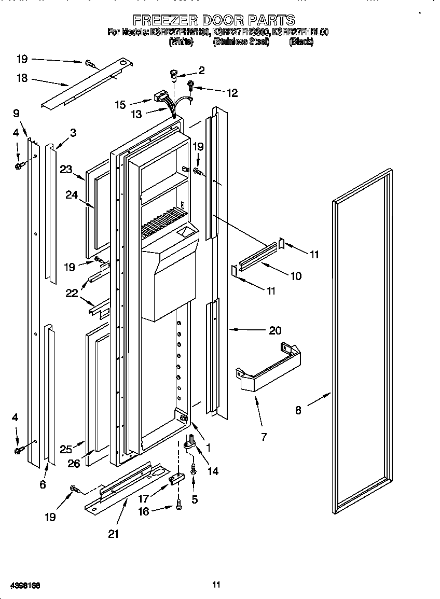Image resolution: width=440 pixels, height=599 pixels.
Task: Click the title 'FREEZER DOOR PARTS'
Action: coord(214,20)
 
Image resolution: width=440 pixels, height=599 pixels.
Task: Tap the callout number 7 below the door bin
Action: coord(264,437)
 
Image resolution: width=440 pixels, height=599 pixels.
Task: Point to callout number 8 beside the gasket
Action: coord(298,410)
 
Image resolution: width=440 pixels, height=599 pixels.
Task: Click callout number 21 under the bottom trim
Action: coord(114,534)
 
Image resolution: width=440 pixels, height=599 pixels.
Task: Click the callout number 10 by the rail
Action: coord(296,276)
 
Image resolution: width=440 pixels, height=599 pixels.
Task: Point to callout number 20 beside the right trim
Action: coord(275,330)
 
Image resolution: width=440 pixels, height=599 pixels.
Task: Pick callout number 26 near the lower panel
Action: coord(74,464)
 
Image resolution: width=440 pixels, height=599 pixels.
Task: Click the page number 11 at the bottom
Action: coord(216,584)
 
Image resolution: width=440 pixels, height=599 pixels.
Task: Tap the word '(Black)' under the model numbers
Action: coord(301,42)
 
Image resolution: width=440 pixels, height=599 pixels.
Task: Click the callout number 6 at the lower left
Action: coord(43,484)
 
